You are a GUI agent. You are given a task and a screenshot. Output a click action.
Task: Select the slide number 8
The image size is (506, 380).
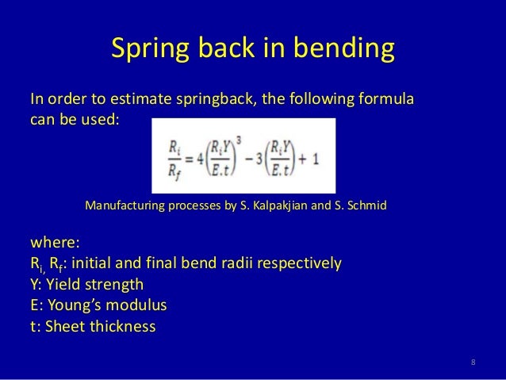(473, 363)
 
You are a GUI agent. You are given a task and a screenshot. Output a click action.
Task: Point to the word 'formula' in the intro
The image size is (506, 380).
(387, 102)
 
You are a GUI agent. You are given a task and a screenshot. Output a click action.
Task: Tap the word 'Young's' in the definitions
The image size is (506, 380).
(80, 305)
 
